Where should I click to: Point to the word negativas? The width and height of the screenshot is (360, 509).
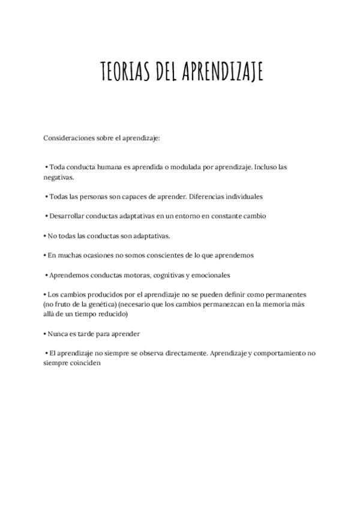[x=59, y=178]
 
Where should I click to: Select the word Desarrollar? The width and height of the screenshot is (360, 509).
[x=69, y=215]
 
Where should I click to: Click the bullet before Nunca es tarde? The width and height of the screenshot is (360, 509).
[x=44, y=334]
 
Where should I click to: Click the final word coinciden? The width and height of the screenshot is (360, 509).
[x=89, y=363]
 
